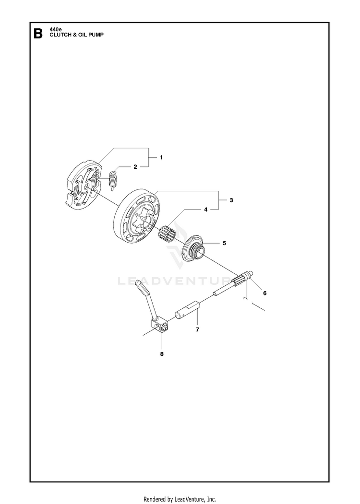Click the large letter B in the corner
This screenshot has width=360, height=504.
pos(38,34)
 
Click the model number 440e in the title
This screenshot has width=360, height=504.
pos(55,30)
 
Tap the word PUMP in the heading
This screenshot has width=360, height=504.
pos(96,35)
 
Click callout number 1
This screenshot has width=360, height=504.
pos(161,157)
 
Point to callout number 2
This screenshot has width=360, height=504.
pos(135,167)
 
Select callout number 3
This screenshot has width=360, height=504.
pos(231,200)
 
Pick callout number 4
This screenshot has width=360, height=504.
pos(205,210)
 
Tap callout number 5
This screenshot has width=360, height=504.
pos(224,243)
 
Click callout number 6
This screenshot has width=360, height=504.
pos(264,293)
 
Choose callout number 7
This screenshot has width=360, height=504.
pos(197,329)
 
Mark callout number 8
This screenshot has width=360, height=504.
pos(162,354)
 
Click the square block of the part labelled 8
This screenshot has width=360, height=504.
pos(158,327)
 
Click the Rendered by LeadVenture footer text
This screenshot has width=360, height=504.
pos(180,499)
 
